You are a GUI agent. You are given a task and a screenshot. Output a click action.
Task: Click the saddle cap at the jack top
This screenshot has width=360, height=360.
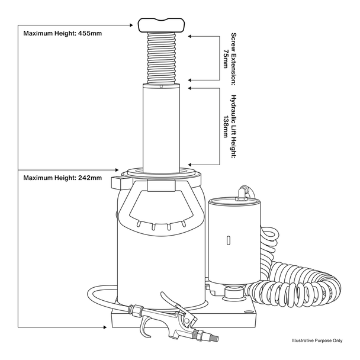[162, 25]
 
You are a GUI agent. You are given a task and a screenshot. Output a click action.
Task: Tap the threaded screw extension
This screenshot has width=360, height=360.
[162, 58]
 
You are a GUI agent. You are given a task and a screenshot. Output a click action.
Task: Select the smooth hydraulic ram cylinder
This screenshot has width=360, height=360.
[161, 128]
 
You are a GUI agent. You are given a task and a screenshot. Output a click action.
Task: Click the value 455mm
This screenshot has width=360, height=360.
[90, 34]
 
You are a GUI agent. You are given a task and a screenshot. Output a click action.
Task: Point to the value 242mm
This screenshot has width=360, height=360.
[90, 178]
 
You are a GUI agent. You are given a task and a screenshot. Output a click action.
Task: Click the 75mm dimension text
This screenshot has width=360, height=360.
[226, 59]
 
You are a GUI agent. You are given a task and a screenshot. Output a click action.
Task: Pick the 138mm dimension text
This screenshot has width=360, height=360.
[226, 127]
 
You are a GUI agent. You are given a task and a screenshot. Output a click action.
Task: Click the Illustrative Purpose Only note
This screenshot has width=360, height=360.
[317, 340]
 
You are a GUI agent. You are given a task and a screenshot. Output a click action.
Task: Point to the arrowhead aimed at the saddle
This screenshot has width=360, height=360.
[131, 25]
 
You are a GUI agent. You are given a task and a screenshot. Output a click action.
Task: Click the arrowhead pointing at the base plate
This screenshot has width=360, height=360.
[105, 327]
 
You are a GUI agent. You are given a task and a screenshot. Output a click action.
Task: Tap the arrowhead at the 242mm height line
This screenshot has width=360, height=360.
[117, 170]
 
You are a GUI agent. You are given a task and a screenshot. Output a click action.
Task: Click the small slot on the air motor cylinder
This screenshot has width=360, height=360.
[228, 240]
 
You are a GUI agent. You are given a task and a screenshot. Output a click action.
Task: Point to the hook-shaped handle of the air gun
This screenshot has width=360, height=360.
[144, 327]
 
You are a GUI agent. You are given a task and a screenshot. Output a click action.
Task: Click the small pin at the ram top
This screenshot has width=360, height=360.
[161, 86]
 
